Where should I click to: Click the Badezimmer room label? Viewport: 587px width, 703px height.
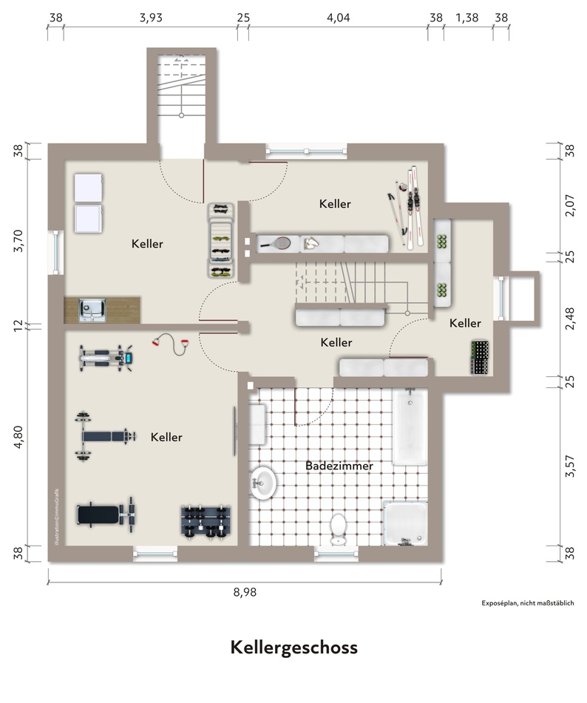(x=339, y=466)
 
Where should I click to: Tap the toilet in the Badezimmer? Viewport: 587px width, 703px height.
(x=338, y=529)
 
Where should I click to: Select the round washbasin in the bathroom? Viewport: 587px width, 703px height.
(x=262, y=483)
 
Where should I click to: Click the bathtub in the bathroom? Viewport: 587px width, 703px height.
(x=410, y=427)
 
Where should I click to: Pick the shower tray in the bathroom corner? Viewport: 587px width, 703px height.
(x=405, y=523)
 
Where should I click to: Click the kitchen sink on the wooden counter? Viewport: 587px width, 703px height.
(x=92, y=310)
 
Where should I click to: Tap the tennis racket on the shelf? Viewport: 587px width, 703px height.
(x=275, y=243)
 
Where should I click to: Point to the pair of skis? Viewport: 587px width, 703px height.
(x=414, y=206)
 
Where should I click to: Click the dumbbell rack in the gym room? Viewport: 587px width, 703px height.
(x=207, y=521)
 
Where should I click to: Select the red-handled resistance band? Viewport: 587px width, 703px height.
(x=171, y=344)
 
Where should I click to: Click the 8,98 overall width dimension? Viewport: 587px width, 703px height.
(x=245, y=592)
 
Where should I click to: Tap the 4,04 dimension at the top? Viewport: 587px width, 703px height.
(x=338, y=18)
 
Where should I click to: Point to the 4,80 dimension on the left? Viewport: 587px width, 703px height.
(x=18, y=437)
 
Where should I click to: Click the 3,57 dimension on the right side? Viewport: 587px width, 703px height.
(x=569, y=466)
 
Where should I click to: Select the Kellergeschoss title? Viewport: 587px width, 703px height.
(x=294, y=648)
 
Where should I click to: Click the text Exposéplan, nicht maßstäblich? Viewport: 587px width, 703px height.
(x=528, y=603)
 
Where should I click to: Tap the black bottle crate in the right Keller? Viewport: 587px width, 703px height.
(x=479, y=357)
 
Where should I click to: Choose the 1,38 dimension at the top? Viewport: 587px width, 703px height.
(x=467, y=18)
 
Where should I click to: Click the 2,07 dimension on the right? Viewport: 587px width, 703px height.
(x=569, y=206)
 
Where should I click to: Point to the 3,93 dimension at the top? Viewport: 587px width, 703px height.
(x=151, y=18)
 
